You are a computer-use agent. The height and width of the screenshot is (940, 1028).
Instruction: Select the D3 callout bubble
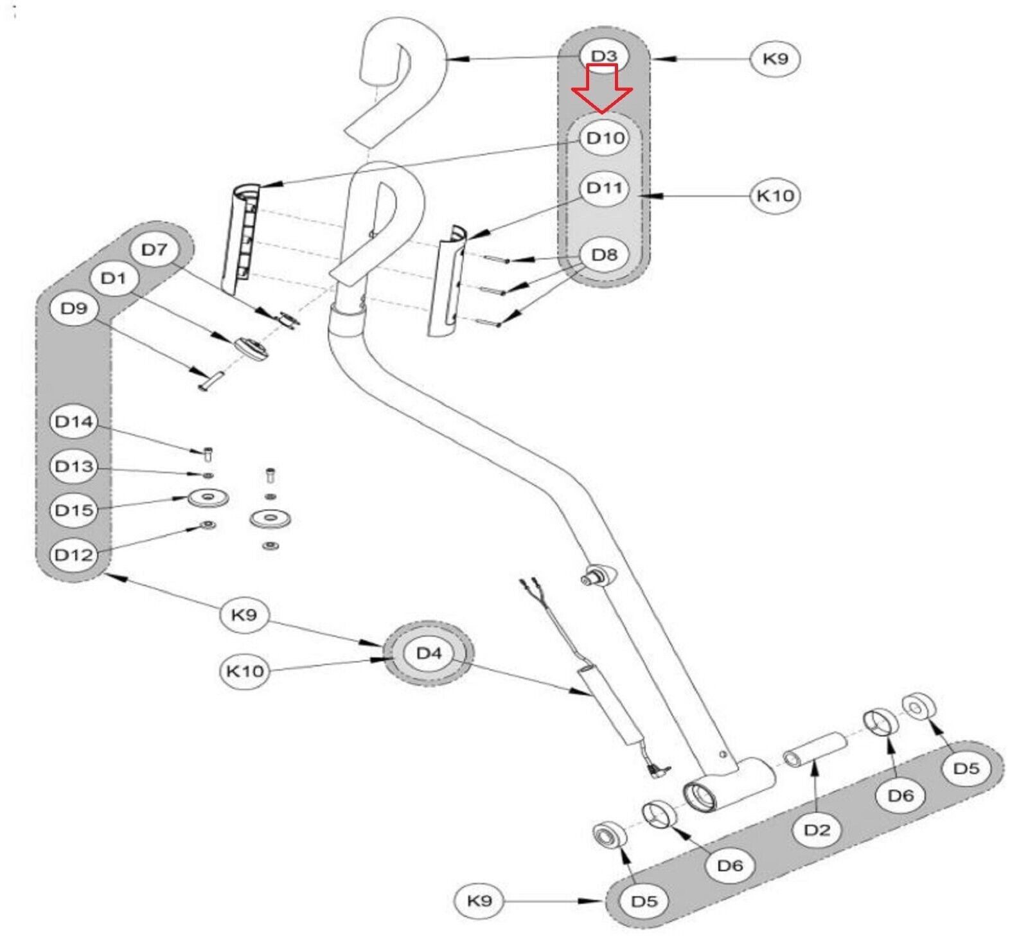[x=604, y=56]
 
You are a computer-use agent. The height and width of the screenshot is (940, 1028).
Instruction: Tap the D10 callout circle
[x=605, y=137]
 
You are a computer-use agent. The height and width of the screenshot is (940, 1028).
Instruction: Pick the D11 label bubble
[x=605, y=188]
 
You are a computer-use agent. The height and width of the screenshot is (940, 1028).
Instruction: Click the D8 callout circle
[x=605, y=255]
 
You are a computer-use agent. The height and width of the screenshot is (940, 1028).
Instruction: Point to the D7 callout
[x=154, y=249]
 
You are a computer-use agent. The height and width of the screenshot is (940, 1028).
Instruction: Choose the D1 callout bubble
[x=114, y=278]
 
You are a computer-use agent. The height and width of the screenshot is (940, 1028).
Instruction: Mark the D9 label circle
[x=74, y=308]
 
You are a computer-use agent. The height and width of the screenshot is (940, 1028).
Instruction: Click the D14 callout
[x=74, y=421]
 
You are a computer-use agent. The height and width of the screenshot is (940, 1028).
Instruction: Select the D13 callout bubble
[x=74, y=466]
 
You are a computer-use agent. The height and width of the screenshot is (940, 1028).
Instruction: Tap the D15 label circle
[x=74, y=510]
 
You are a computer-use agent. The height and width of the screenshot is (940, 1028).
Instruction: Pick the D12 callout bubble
[x=74, y=554]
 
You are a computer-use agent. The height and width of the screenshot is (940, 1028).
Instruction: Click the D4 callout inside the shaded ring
[x=429, y=653]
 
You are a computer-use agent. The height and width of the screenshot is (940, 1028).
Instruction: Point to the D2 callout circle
[x=817, y=829]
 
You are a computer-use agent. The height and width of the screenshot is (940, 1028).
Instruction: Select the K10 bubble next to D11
[x=775, y=195]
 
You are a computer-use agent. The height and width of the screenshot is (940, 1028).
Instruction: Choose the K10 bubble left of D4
[x=245, y=671]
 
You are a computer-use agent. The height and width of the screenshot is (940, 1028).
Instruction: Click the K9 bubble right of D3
[x=775, y=59]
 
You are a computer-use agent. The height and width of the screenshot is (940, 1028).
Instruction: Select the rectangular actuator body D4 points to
[x=610, y=705]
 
